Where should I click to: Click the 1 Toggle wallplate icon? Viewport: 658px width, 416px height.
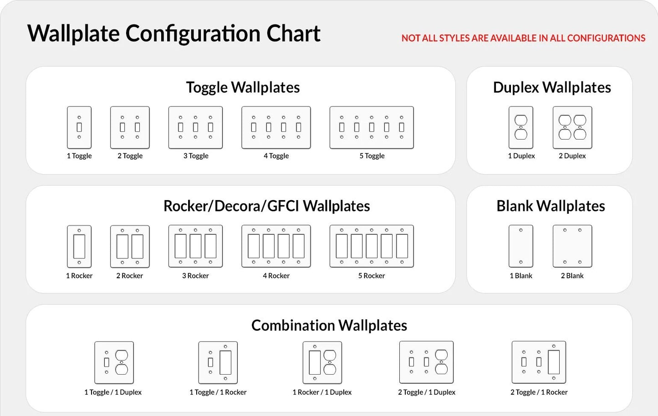tap(79, 128)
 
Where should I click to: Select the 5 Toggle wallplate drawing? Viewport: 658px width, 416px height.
tap(372, 128)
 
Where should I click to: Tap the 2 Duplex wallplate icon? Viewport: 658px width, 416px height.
tap(572, 128)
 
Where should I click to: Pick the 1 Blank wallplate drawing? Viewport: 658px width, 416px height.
tap(521, 246)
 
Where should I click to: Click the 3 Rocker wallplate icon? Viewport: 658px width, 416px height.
tap(195, 246)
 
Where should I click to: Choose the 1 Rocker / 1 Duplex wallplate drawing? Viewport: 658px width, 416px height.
tap(322, 363)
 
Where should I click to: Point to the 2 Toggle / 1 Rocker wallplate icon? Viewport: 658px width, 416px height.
tap(539, 362)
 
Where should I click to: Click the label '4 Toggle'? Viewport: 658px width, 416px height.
tap(276, 156)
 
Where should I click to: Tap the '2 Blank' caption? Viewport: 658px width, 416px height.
tap(572, 276)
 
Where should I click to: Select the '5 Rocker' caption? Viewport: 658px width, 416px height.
tap(372, 276)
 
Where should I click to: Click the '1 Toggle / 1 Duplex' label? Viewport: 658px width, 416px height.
tap(113, 392)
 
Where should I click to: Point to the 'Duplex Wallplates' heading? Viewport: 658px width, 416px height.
tap(552, 87)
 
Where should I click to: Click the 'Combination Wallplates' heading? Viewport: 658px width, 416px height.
tap(329, 326)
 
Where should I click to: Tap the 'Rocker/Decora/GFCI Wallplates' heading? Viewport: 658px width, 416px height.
tap(267, 206)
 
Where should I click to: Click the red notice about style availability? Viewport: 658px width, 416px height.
tap(524, 38)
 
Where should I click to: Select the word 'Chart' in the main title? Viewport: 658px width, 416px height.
tap(293, 34)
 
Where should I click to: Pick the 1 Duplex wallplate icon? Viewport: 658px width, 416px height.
tap(521, 128)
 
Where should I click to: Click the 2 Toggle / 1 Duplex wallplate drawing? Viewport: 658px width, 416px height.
tap(426, 362)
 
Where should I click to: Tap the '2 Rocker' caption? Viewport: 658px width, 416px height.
tap(129, 276)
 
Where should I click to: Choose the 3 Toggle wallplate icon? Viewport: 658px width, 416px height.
tap(195, 128)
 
